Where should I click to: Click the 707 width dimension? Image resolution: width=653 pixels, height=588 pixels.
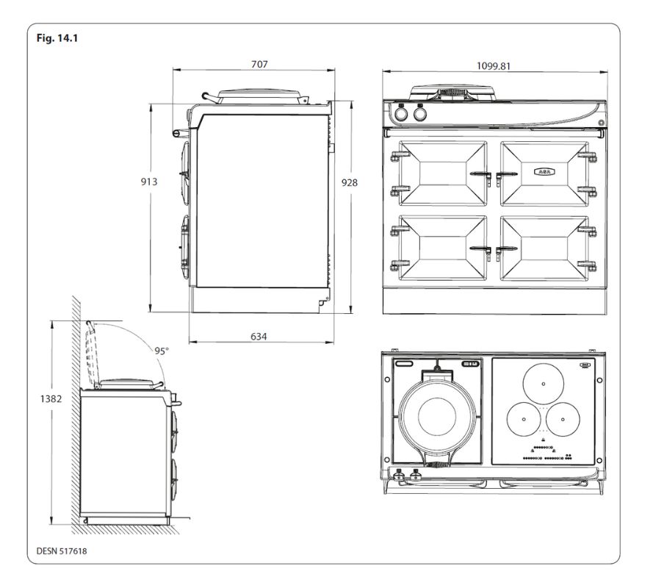click(258, 65)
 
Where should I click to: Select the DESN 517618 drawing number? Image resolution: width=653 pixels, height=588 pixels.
click(65, 548)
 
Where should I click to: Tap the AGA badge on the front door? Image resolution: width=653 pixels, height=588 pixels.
click(544, 171)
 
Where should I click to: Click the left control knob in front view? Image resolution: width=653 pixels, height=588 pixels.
click(402, 115)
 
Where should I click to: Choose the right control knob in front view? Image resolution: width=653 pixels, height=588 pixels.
click(419, 115)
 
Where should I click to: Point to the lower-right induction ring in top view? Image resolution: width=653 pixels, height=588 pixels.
click(563, 420)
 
